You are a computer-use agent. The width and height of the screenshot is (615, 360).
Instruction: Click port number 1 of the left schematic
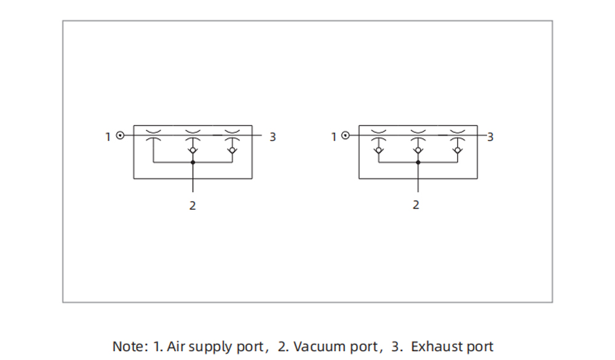tap(108, 137)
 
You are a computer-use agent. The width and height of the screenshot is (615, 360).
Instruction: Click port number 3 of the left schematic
tap(272, 137)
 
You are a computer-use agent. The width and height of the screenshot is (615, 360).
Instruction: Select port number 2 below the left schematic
tap(192, 206)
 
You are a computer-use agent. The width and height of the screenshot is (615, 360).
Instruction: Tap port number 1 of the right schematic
tap(334, 137)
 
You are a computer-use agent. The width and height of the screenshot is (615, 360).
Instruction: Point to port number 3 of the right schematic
tap(490, 137)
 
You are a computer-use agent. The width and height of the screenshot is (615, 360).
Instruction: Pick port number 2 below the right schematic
tap(416, 205)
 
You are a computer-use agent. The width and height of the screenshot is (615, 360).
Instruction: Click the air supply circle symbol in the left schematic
tap(121, 135)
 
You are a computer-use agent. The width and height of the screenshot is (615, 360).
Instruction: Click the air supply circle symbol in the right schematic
tap(346, 135)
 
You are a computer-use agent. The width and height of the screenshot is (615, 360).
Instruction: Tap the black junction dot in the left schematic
tap(193, 162)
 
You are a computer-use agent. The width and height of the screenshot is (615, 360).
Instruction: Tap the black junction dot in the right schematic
tap(418, 162)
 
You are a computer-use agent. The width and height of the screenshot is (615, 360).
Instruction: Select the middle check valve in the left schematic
tap(193, 150)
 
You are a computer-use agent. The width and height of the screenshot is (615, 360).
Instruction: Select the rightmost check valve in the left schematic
tap(232, 150)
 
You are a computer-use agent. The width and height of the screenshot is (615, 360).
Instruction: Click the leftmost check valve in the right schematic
tap(379, 150)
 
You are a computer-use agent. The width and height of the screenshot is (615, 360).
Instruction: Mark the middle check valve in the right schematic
tap(418, 150)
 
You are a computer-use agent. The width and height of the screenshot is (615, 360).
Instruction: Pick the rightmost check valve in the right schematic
tap(457, 150)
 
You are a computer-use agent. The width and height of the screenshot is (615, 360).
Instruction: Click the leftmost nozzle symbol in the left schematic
tap(153, 136)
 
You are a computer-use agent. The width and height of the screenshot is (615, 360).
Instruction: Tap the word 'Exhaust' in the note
tap(432, 346)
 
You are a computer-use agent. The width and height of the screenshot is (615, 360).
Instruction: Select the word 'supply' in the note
tap(211, 347)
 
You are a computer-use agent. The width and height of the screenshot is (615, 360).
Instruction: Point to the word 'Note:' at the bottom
tap(130, 346)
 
